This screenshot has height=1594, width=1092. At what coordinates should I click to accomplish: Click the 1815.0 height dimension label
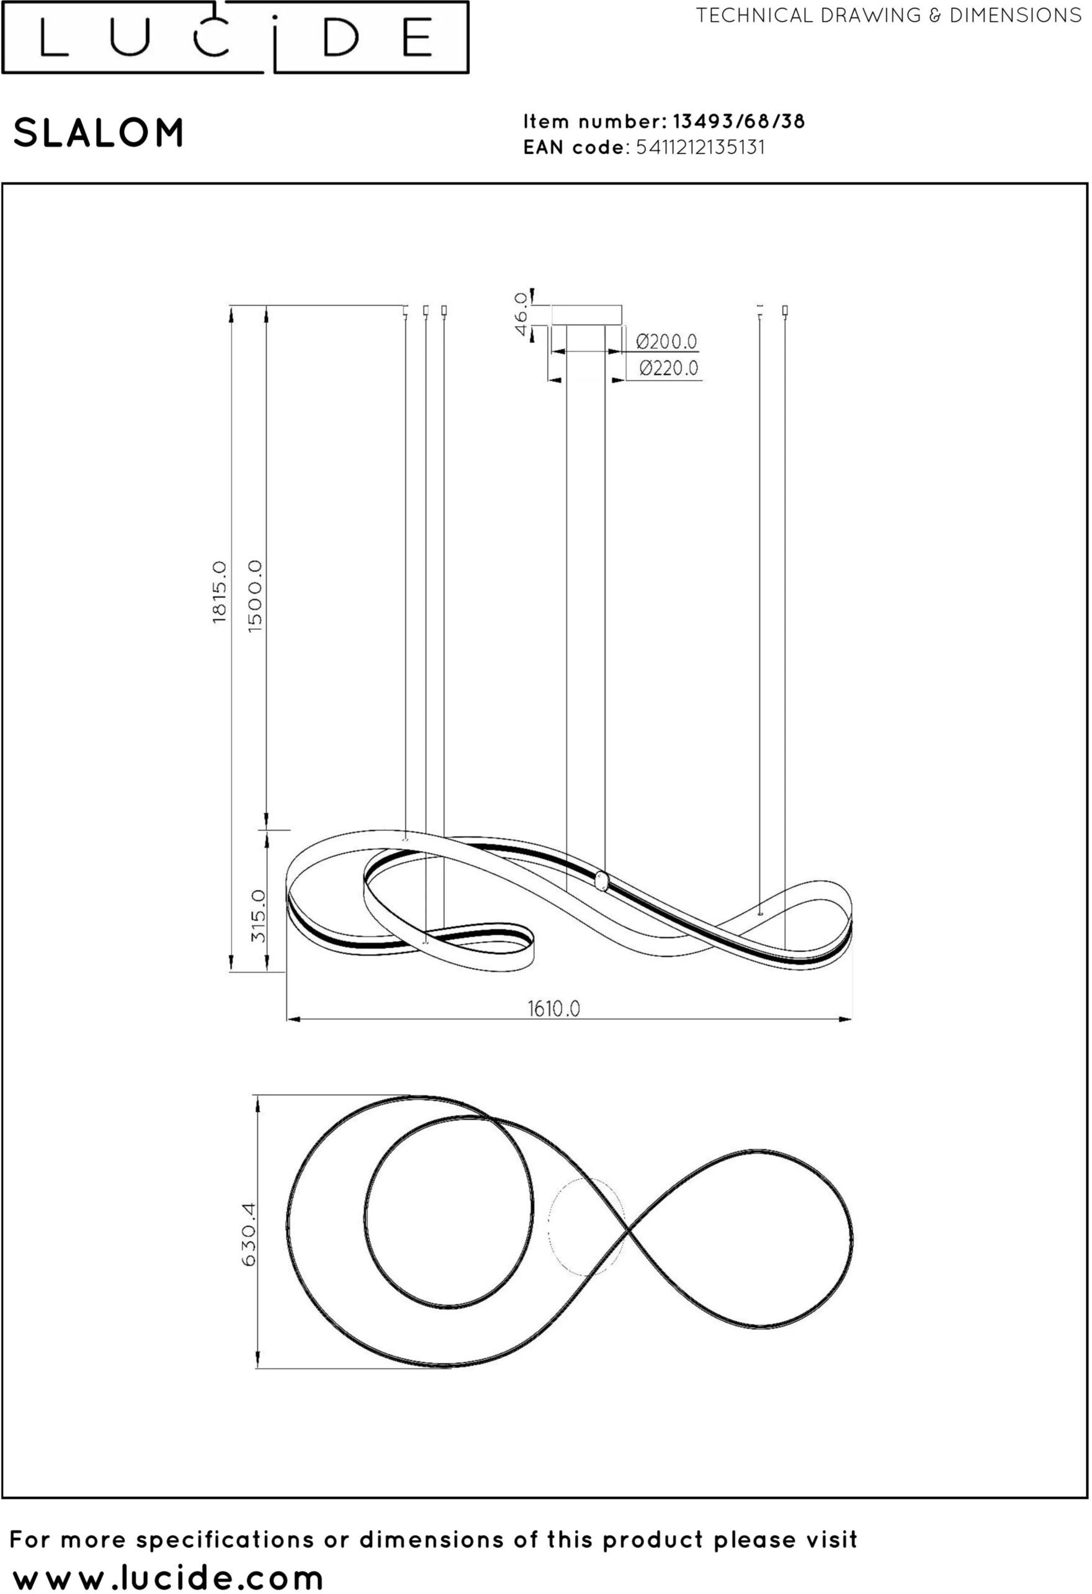(x=220, y=591)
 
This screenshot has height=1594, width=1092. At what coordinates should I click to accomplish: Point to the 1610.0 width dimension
(x=554, y=1008)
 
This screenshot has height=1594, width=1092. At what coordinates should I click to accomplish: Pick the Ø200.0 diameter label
(x=666, y=341)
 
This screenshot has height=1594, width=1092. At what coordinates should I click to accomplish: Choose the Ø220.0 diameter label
(x=668, y=368)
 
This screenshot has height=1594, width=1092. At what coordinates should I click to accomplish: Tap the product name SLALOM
(x=99, y=132)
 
